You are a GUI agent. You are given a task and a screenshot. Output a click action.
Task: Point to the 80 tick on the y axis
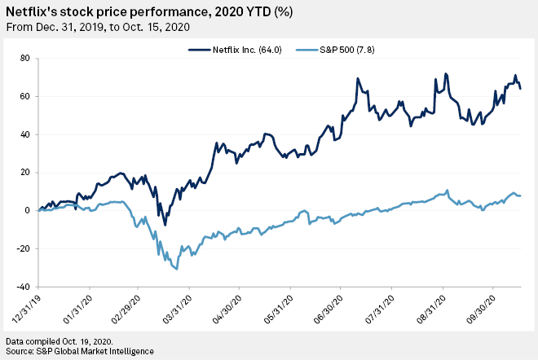click(x=24, y=58)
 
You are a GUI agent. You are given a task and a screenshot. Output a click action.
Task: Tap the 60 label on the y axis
click(x=24, y=96)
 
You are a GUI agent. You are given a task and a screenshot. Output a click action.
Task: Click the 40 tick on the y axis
click(x=24, y=134)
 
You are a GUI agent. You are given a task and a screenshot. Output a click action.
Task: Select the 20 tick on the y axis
click(x=24, y=173)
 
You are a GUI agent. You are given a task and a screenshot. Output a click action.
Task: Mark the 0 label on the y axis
click(x=27, y=211)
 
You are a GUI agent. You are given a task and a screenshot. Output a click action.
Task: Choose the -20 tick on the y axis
click(x=23, y=249)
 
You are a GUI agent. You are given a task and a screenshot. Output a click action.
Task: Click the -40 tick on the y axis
click(x=23, y=287)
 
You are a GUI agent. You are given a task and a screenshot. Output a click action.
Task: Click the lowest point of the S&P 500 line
click(x=177, y=268)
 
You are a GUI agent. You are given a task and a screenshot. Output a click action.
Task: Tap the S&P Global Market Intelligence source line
click(x=79, y=350)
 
